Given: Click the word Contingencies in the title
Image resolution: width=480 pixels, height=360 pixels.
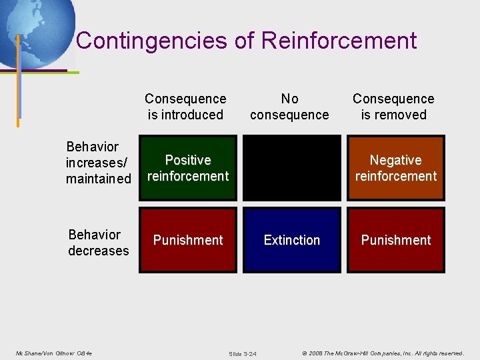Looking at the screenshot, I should (151, 41).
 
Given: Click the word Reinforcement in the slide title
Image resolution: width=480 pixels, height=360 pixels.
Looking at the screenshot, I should (339, 41).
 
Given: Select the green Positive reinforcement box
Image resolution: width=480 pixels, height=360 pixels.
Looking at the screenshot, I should (187, 168).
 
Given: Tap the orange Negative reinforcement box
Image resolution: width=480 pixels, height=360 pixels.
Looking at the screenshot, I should (395, 168).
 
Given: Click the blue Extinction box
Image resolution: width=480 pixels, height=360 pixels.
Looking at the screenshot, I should (291, 240).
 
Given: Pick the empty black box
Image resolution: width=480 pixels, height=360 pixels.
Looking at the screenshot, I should (291, 168).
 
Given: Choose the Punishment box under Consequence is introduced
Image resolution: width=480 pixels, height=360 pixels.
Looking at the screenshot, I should (187, 240).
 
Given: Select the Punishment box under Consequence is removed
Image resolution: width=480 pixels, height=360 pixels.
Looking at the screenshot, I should (395, 240).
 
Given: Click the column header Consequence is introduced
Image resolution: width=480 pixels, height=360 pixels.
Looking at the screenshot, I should (185, 107).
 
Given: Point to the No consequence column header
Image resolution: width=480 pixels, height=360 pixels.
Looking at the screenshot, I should (289, 107).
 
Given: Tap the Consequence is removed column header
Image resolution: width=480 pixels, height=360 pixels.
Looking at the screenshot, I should (393, 107).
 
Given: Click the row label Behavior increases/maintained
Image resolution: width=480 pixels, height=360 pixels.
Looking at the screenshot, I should (97, 163).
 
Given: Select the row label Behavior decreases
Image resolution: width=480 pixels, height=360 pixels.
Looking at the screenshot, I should (98, 243).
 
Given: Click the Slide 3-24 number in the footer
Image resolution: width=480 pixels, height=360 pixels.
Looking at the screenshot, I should (242, 353).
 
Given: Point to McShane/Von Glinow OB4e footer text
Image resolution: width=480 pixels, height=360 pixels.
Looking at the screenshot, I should (54, 353).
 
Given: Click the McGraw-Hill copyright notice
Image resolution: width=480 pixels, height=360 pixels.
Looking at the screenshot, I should (382, 353).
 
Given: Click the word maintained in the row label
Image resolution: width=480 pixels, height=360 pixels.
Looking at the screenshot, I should (98, 179).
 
